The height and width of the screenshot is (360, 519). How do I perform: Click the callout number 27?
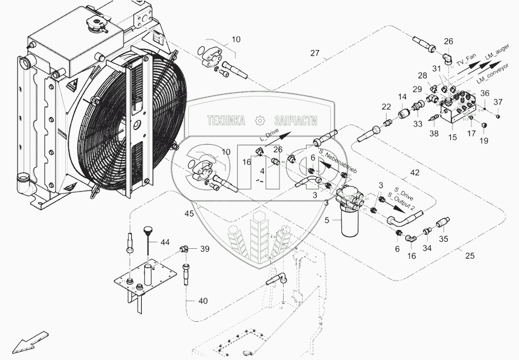click(315, 54)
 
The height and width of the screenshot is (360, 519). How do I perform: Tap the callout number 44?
click(165, 242)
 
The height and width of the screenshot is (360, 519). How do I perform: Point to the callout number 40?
click(202, 301)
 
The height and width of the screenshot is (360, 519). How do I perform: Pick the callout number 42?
click(415, 172)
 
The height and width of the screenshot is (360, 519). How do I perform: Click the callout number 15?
click(453, 137)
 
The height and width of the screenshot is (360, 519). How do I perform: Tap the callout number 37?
click(498, 103)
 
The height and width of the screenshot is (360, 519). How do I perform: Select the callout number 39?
click(204, 249)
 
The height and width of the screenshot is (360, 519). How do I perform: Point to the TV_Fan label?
click(467, 61)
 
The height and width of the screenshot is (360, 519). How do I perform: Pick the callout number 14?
click(402, 97)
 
